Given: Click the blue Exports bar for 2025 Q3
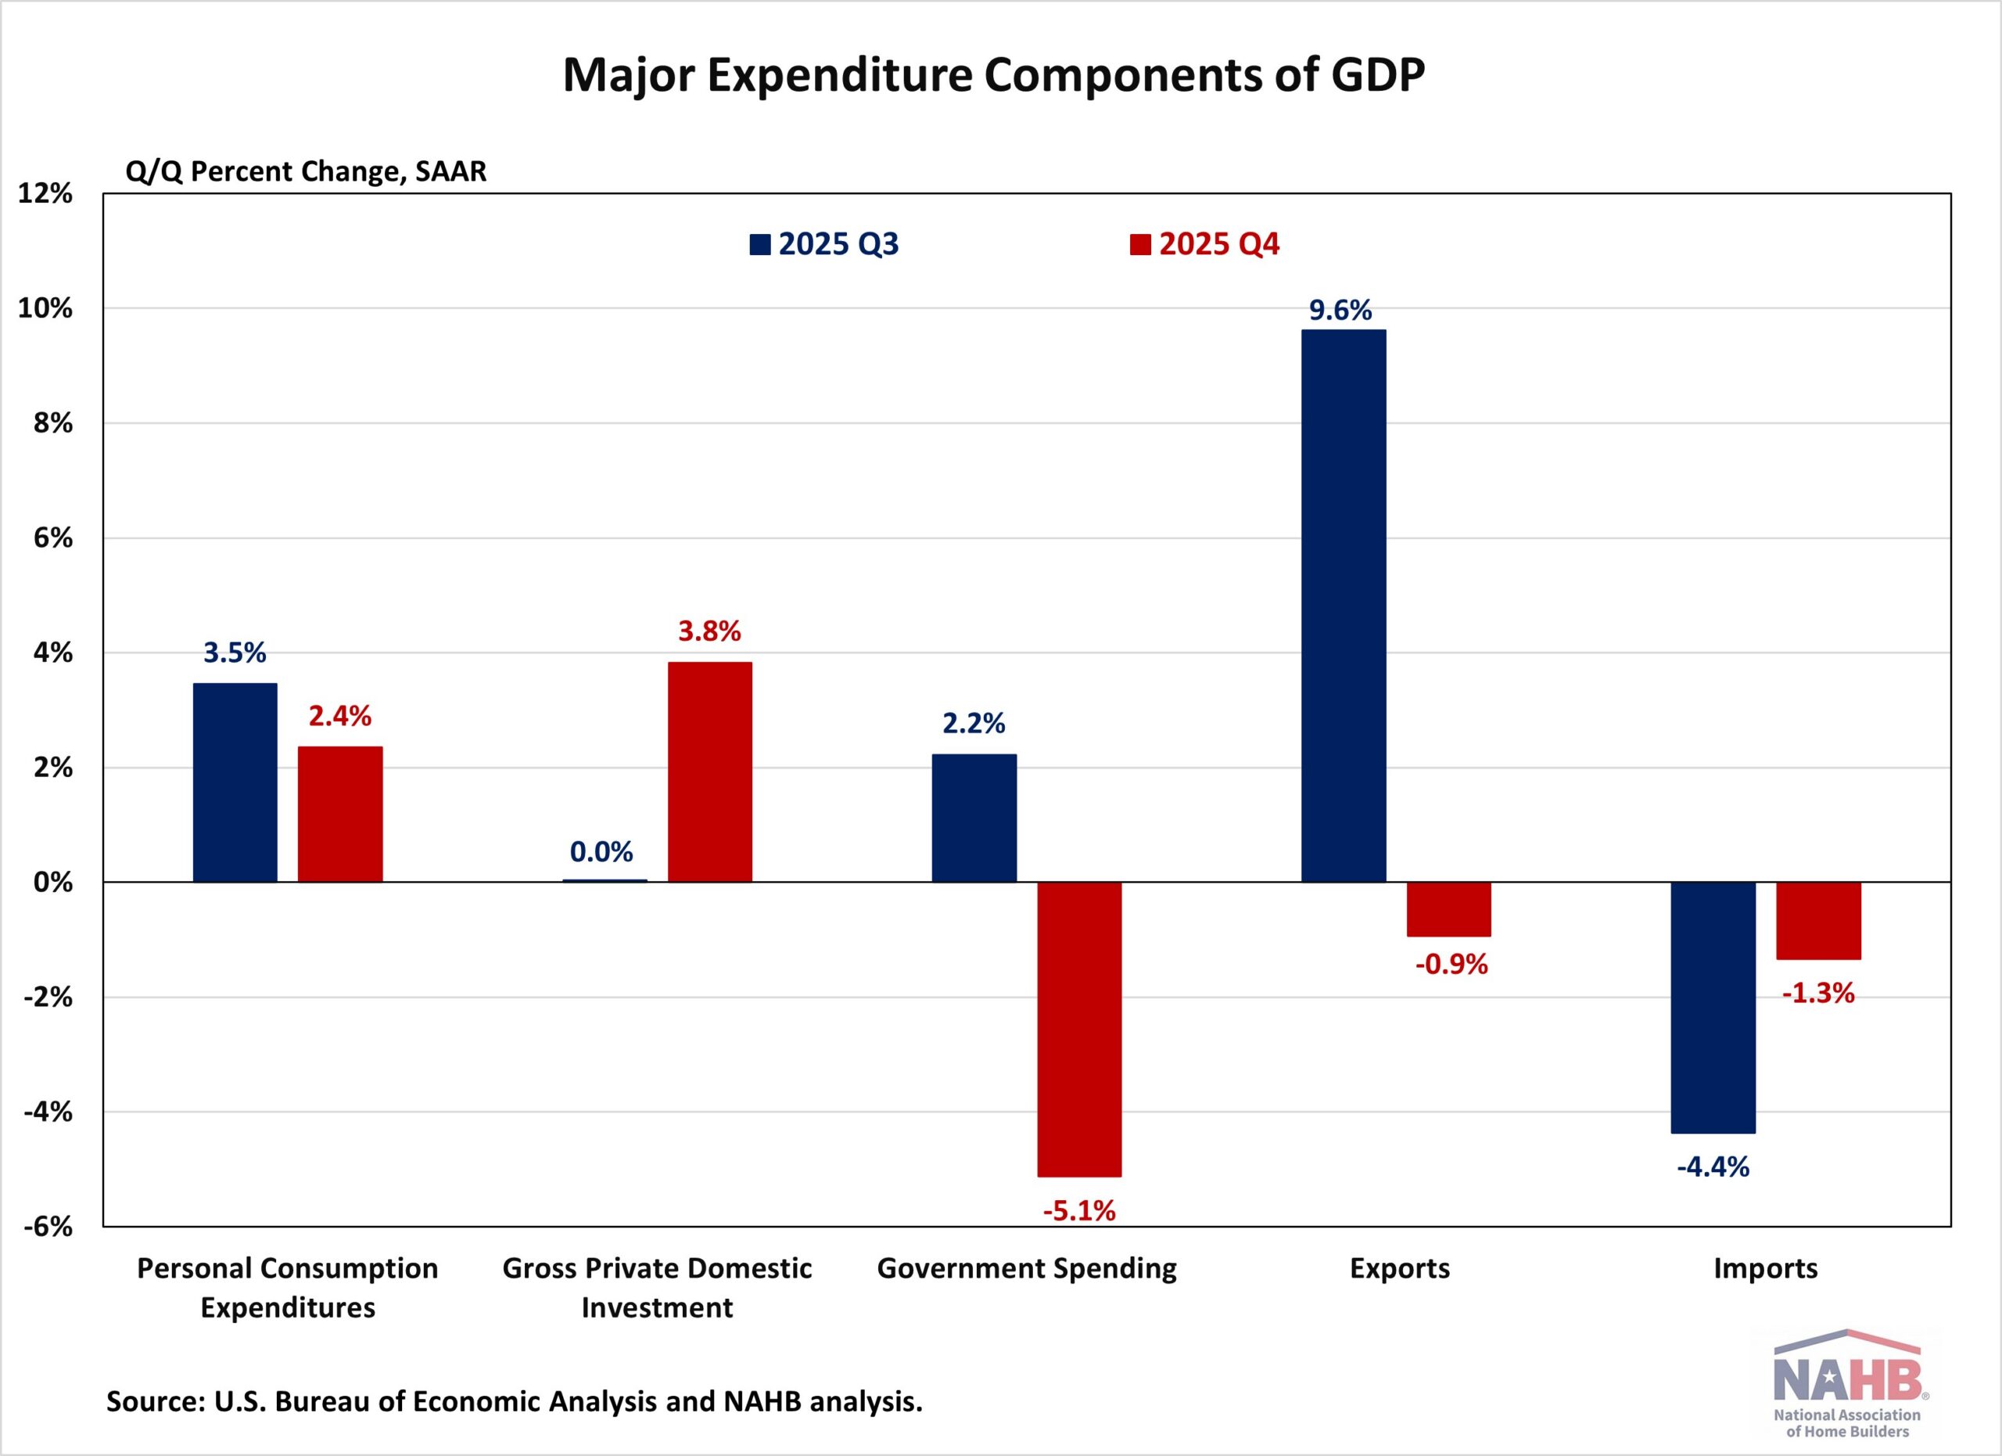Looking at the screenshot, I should (1344, 606).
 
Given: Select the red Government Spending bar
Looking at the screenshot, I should (1078, 1029).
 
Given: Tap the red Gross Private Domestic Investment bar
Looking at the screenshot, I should (710, 771).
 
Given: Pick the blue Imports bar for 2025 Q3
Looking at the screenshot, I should (1713, 1008).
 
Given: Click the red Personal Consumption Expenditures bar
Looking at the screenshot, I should (340, 814).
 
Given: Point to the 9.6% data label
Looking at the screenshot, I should (1340, 311).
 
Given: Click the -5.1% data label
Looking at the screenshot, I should (1078, 1210).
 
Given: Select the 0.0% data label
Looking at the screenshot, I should (601, 852).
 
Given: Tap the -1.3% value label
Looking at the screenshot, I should (1818, 994).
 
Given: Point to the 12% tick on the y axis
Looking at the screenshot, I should (45, 193).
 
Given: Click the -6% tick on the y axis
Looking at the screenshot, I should (48, 1227).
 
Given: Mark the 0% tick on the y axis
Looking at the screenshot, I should (53, 882).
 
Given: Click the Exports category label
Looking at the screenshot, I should (1399, 1269).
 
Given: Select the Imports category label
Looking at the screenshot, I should (1765, 1269).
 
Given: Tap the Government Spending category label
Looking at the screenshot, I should (1027, 1269).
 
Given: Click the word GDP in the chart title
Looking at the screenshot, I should (1377, 75).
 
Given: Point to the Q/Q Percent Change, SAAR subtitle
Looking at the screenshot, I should (306, 171).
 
